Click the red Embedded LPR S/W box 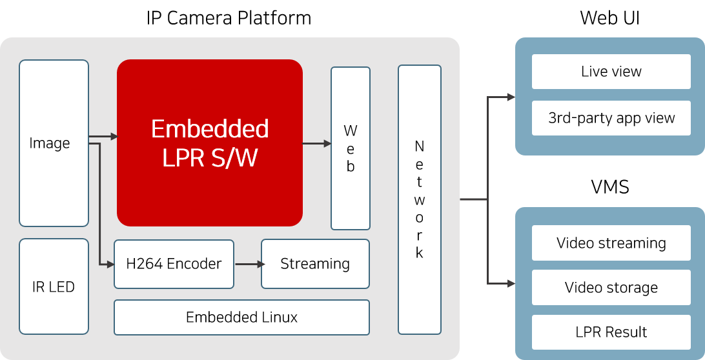tap(210, 143)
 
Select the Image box tap(54, 143)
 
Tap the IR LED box tap(54, 286)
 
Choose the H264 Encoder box tap(174, 264)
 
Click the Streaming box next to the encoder tap(315, 264)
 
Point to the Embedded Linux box tap(241, 317)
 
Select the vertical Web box tap(351, 148)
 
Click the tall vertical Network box tap(420, 199)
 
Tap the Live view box tap(611, 72)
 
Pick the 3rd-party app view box tap(611, 118)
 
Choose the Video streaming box tap(611, 243)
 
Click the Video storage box tap(611, 288)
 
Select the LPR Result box tap(611, 332)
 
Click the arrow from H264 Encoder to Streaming tap(250, 264)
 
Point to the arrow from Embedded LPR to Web tap(317, 143)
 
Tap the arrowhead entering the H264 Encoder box tap(110, 264)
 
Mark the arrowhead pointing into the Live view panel tap(511, 97)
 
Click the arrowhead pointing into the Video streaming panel tap(511, 283)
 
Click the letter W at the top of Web tap(351, 131)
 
